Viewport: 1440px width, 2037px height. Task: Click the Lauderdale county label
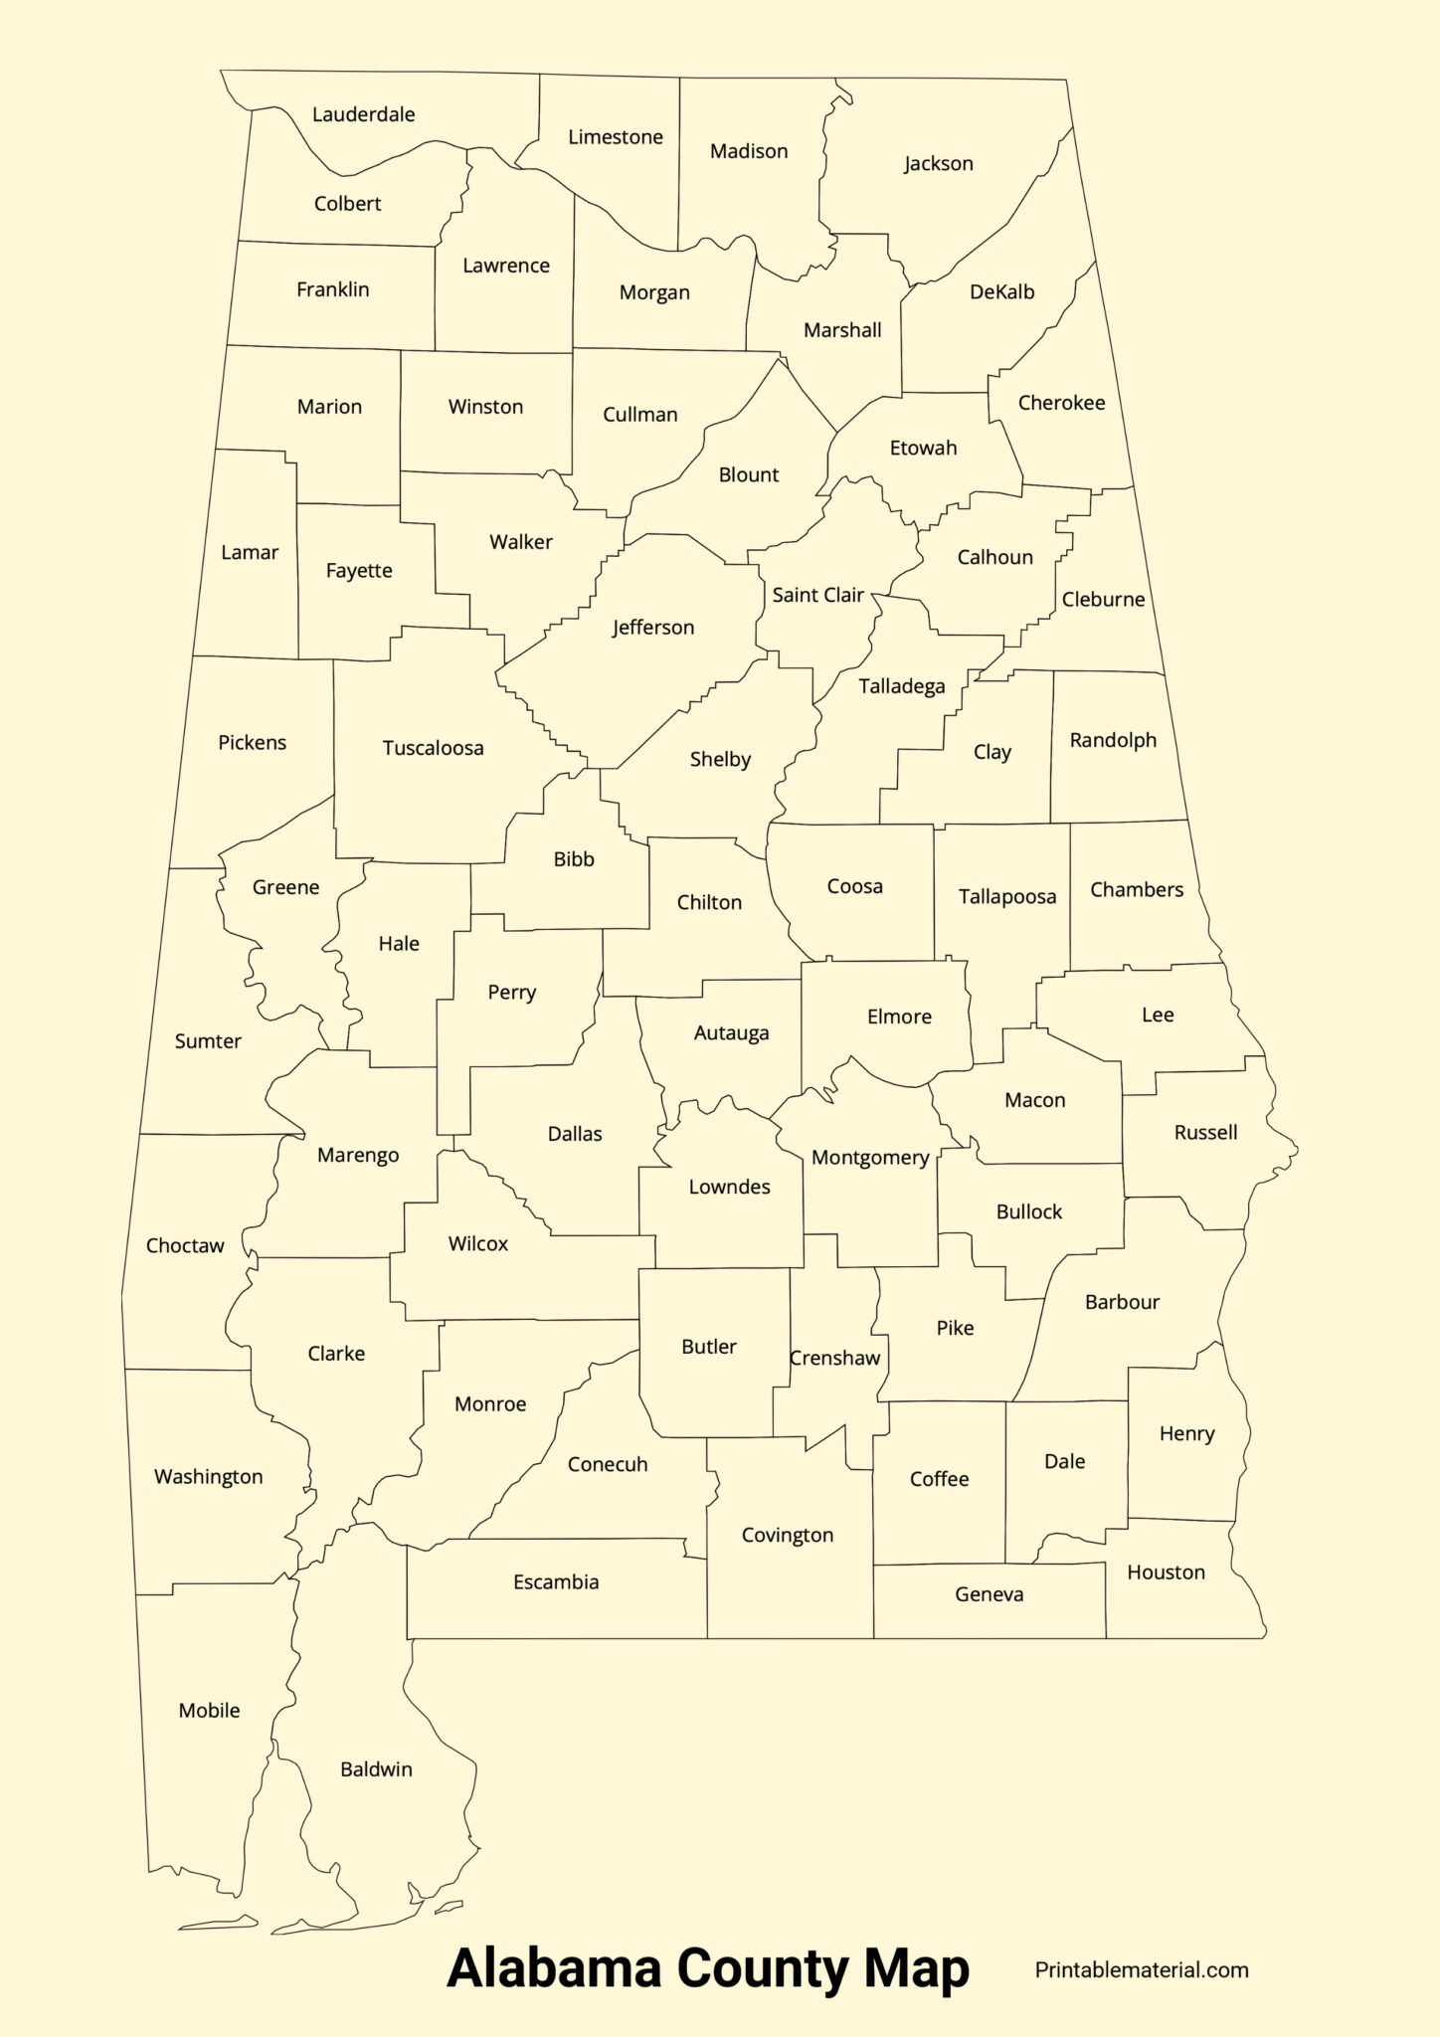tap(363, 114)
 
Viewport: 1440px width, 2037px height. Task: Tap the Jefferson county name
tap(652, 628)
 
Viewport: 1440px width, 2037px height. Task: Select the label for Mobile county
tap(209, 1711)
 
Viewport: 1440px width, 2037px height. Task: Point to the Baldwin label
tap(376, 1769)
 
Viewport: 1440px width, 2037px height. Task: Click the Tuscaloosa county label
tap(433, 748)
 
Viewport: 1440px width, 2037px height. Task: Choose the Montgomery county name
tap(869, 1158)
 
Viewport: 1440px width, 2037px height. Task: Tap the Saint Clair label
tap(817, 595)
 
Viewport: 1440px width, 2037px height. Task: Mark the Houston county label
tap(1166, 1573)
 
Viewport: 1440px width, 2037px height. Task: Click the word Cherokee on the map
tap(1061, 403)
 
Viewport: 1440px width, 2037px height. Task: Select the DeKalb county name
tap(1001, 292)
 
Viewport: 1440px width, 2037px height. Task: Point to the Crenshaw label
tap(834, 1359)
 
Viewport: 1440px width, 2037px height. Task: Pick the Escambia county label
tap(556, 1582)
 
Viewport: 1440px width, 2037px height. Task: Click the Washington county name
tap(208, 1477)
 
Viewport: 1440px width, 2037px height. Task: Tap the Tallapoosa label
tap(1006, 897)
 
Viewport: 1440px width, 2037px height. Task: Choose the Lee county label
tap(1157, 1016)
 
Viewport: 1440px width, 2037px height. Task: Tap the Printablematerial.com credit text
tap(1141, 1970)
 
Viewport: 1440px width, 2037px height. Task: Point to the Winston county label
tap(485, 407)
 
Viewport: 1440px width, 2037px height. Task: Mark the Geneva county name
tap(989, 1594)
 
